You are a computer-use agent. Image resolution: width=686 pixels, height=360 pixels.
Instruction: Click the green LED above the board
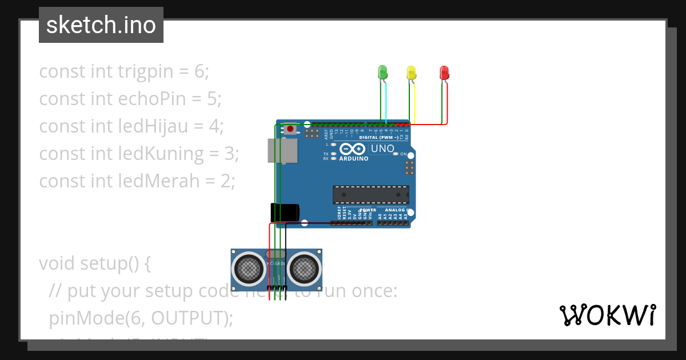382,72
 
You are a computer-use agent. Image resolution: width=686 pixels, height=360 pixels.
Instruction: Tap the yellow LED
411,73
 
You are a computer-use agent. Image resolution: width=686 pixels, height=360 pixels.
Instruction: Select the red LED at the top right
444,73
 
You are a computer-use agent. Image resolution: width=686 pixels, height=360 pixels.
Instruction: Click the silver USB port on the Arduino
282,150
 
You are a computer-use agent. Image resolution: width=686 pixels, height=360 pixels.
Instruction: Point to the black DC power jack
284,212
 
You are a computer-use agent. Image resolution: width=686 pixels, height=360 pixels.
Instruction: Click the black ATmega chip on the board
371,195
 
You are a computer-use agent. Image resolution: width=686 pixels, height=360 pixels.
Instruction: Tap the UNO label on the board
382,149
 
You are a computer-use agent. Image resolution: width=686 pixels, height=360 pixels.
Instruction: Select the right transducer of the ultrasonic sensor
304,267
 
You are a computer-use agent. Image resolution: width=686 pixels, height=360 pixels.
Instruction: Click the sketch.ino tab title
101,25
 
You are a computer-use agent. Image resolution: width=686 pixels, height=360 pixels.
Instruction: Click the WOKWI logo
607,315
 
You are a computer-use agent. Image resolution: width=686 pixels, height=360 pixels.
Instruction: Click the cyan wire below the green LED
386,103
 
